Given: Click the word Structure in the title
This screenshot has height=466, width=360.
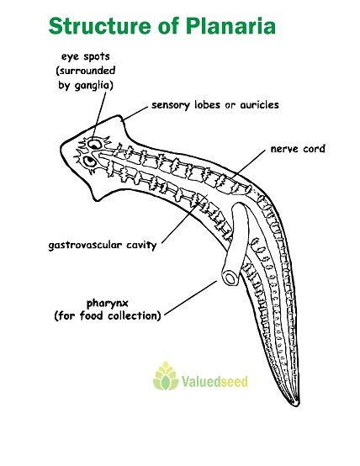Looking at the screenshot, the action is [100, 26].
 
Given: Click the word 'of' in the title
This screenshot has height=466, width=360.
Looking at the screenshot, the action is [169, 26].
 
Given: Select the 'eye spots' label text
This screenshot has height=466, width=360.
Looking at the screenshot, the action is [86, 56].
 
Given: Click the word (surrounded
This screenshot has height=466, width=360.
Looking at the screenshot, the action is [86, 71].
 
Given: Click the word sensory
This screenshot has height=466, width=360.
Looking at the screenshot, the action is [171, 105].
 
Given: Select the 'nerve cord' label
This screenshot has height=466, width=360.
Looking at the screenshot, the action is [298, 149].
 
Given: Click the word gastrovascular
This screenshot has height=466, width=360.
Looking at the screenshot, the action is [85, 246].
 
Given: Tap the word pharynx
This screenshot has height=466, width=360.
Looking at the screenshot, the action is [108, 304].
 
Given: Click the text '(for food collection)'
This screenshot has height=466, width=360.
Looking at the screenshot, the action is [108, 315].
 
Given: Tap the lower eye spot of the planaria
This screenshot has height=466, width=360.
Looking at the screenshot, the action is [89, 162].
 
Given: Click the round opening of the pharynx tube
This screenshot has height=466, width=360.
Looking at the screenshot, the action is [230, 278].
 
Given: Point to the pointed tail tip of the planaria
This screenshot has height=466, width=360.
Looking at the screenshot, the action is [297, 405].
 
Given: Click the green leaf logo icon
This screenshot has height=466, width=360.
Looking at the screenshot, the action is [166, 376].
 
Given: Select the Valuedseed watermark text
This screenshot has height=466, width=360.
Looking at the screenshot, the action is [214, 381].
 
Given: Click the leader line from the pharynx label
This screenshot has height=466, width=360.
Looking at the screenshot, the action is [191, 298].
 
